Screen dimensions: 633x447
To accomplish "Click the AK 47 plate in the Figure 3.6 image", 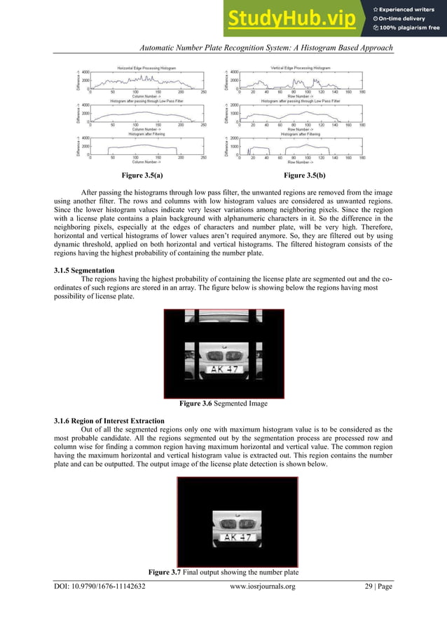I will [x=224, y=369].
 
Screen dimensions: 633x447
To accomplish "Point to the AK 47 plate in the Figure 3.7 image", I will [x=237, y=538].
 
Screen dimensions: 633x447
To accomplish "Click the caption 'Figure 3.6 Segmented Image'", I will [x=224, y=405].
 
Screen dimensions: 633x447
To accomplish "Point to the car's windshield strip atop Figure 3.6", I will [x=224, y=318].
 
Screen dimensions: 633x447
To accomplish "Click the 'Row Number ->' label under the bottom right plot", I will [x=300, y=161].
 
